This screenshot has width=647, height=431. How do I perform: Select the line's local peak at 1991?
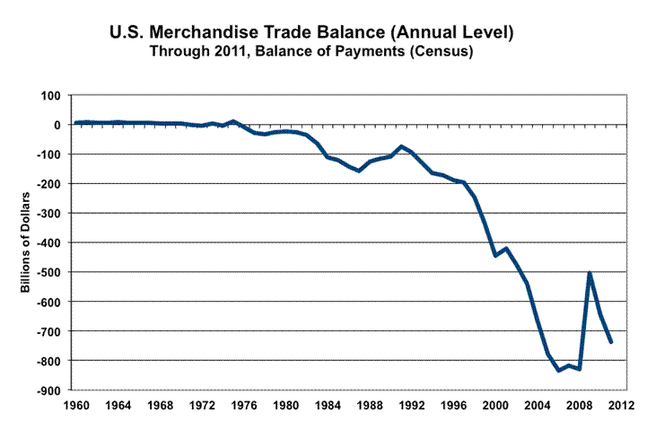(x=402, y=146)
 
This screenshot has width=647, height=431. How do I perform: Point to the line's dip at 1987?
(x=359, y=170)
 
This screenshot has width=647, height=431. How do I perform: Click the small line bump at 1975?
(x=233, y=120)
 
